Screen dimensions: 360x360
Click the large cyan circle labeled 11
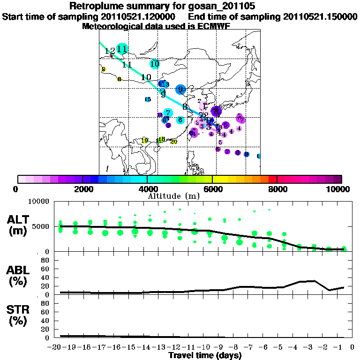point(122,49)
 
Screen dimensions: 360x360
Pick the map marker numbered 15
point(148,99)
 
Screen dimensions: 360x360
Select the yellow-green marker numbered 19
point(145,140)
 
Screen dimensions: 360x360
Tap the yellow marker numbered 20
point(173,142)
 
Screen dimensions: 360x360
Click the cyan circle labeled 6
point(180,120)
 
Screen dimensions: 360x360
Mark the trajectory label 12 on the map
point(110,51)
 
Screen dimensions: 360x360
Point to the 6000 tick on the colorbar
point(212,189)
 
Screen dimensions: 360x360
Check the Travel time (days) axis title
point(204,356)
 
